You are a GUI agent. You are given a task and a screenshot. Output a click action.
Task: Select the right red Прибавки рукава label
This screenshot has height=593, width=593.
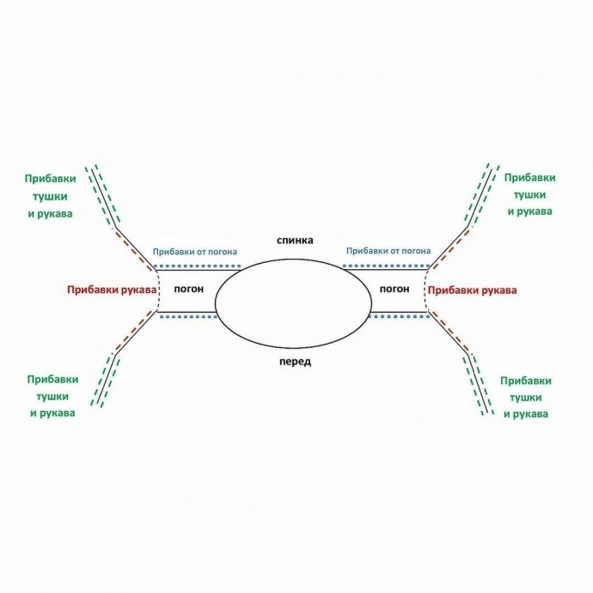point(473,290)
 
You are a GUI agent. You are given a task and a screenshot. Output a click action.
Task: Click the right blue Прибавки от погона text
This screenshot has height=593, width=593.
point(388,252)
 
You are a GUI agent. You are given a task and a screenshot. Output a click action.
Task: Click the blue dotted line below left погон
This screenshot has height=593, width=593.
point(186,317)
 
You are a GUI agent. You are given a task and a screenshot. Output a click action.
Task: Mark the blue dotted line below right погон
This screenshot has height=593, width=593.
point(398,317)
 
